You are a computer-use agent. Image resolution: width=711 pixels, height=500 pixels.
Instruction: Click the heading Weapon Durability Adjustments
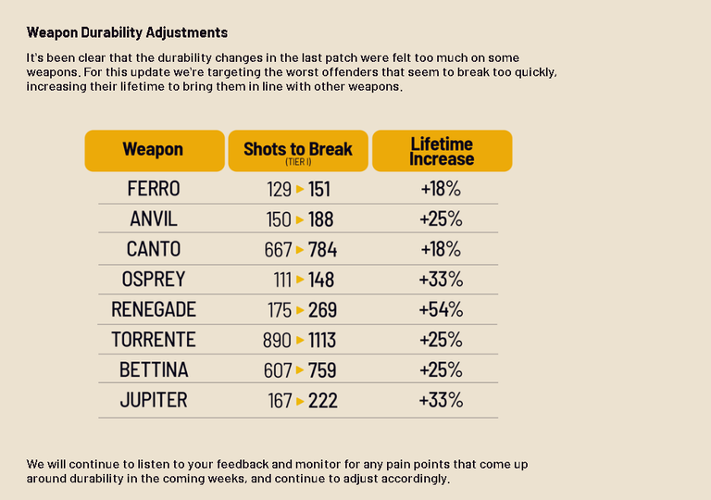tap(127, 32)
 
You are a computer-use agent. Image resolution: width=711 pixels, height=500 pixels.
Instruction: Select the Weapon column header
tap(155, 151)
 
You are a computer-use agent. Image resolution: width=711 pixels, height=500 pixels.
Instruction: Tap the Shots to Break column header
tap(298, 151)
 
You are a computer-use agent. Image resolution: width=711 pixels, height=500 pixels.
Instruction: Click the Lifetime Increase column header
tap(443, 151)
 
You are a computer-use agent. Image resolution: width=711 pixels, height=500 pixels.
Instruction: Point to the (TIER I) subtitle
tap(298, 162)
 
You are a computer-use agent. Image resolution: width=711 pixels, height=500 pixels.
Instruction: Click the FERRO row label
tap(154, 189)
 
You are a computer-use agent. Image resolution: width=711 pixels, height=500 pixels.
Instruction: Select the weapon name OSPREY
tap(154, 279)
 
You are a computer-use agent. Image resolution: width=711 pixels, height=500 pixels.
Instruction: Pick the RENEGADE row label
tap(154, 309)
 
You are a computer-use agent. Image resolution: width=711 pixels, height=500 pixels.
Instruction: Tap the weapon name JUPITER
tap(154, 400)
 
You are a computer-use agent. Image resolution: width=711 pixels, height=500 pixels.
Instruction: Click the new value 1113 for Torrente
tap(322, 341)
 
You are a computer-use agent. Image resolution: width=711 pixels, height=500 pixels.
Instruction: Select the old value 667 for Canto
tap(278, 250)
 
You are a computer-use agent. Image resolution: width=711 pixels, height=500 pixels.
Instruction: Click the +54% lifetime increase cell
tap(442, 309)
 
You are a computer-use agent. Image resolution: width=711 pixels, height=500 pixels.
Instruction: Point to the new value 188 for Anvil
tap(321, 219)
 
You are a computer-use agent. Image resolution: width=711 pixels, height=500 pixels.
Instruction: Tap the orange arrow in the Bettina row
tap(300, 370)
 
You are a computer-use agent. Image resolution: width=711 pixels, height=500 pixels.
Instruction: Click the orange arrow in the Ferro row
tap(300, 189)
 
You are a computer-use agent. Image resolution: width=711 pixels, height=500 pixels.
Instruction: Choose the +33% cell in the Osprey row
tap(442, 280)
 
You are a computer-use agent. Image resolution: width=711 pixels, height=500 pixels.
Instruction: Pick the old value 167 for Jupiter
tap(280, 401)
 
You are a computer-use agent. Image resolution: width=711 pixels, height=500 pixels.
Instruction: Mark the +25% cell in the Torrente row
tap(442, 340)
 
